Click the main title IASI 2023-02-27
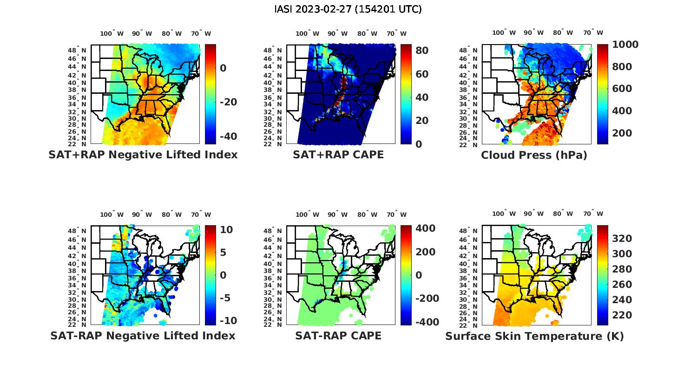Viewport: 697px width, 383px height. pyautogui.click(x=348, y=9)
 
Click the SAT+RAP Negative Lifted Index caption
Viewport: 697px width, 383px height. pyautogui.click(x=143, y=155)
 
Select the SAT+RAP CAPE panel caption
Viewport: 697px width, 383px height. pyautogui.click(x=338, y=155)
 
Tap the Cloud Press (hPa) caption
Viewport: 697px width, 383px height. pyautogui.click(x=534, y=155)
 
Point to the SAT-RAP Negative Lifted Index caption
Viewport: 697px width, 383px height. pyautogui.click(x=143, y=336)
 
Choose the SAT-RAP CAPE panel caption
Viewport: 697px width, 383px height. pyautogui.click(x=338, y=336)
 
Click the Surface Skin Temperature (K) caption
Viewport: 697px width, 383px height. pyautogui.click(x=534, y=336)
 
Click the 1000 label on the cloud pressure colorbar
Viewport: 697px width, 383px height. pyautogui.click(x=625, y=45)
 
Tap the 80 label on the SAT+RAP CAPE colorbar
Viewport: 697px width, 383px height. pyautogui.click(x=422, y=50)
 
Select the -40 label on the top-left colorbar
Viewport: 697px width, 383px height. pyautogui.click(x=228, y=136)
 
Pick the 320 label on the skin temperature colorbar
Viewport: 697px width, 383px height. pyautogui.click(x=622, y=239)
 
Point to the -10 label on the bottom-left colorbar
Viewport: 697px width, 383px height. pyautogui.click(x=228, y=321)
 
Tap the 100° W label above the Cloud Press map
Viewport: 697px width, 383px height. pyautogui.click(x=504, y=32)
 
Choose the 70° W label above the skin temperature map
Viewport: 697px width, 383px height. pyautogui.click(x=593, y=214)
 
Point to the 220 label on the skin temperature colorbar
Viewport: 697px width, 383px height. pyautogui.click(x=622, y=315)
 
